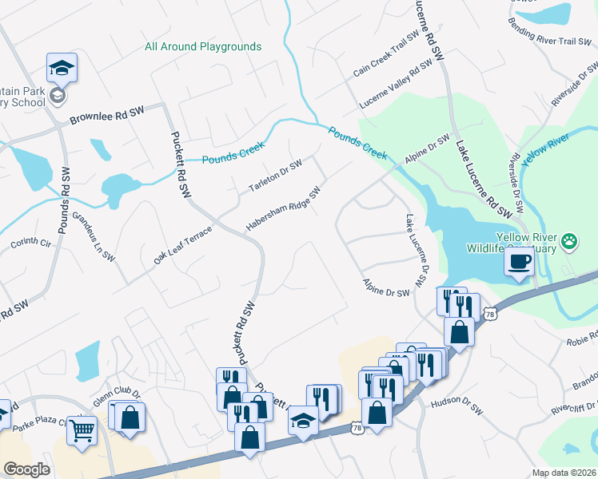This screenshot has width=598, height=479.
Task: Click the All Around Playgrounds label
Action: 203,46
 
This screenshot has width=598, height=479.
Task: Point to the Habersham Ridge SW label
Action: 283,210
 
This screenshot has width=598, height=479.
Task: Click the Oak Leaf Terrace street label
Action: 183,246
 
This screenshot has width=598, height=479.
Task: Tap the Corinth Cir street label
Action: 30,240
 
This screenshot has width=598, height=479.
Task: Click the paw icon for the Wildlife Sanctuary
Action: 568,239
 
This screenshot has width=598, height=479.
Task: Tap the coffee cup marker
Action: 519,262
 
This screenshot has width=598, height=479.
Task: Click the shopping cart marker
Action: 82,430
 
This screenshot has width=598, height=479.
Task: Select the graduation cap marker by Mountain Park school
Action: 61,69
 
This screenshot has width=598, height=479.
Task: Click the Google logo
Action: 26,469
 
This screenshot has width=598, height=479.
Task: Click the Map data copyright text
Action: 564,473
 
